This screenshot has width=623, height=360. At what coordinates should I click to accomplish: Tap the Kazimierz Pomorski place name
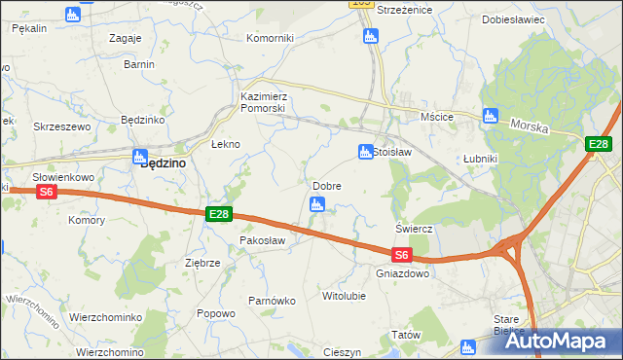click(x=263, y=102)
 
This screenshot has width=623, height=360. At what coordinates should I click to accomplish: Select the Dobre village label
click(x=326, y=186)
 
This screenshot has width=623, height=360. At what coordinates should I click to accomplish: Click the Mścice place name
click(x=437, y=117)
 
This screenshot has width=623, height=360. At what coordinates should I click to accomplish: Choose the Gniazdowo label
click(x=402, y=273)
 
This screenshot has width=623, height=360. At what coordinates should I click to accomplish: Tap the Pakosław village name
click(x=262, y=239)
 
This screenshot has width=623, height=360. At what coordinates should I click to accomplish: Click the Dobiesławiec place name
click(x=513, y=19)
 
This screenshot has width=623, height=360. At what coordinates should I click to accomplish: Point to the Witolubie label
click(x=343, y=294)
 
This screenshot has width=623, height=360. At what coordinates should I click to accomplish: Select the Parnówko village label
click(x=272, y=301)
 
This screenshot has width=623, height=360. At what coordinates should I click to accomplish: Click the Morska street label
click(x=531, y=126)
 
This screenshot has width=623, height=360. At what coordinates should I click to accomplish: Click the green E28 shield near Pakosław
click(x=219, y=213)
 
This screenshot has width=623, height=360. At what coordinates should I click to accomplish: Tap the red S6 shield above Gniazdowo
click(x=402, y=256)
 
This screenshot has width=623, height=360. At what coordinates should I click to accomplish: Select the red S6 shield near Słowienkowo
click(x=48, y=193)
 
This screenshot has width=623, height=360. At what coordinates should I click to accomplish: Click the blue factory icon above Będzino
click(x=139, y=153)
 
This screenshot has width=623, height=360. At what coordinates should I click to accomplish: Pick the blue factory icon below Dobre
click(x=316, y=204)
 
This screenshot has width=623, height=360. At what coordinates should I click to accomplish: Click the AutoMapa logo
click(x=559, y=341)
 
